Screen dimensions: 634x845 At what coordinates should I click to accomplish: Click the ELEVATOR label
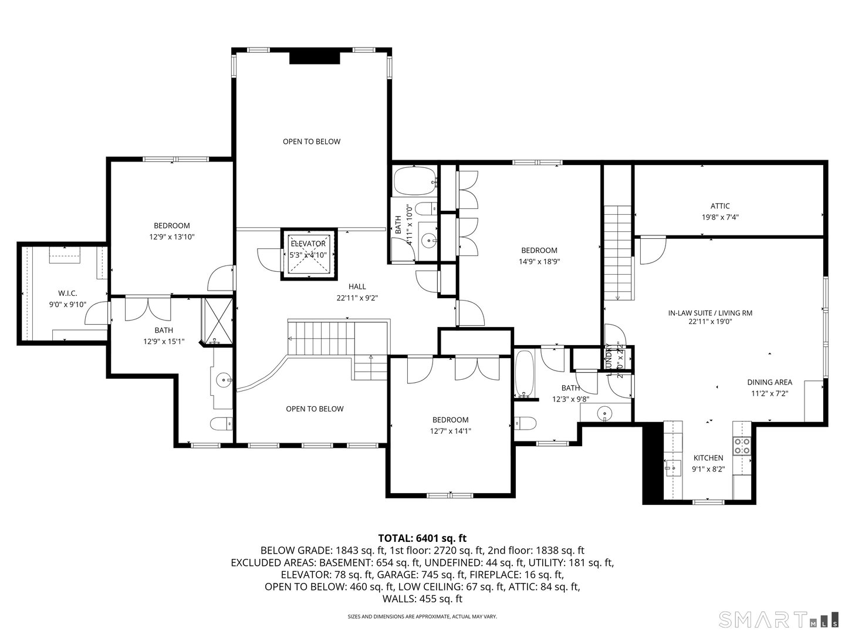pos(308,244)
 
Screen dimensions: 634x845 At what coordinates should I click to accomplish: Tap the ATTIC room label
pos(720,206)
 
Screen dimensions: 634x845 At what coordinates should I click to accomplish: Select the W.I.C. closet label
pos(67,293)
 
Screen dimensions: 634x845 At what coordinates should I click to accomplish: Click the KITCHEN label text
pos(708,458)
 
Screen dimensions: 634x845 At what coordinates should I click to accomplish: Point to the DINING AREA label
pos(769,382)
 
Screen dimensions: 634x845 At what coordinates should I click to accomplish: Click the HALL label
pos(357,286)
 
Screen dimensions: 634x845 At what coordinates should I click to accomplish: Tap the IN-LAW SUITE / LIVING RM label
pos(710,313)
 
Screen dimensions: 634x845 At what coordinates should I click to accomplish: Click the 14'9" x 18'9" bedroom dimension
pos(539,262)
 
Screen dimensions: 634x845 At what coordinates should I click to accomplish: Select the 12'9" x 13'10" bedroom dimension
pos(171,237)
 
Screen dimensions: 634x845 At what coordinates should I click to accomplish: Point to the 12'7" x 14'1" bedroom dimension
pos(451,431)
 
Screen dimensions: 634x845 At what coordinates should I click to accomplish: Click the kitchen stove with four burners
pos(742,447)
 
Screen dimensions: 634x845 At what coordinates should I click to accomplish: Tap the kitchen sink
pos(672,468)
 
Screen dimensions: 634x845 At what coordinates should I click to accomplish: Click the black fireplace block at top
pos(315,58)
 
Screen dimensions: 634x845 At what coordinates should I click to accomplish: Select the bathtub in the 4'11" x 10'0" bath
pos(415,182)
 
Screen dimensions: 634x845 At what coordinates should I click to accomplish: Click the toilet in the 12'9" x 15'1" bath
pos(222,423)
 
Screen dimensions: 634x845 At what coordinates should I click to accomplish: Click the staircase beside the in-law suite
pos(618,252)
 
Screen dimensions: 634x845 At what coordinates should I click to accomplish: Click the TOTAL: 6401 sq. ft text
pos(422,538)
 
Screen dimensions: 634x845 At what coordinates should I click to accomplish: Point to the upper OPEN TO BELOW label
pos(312,141)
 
